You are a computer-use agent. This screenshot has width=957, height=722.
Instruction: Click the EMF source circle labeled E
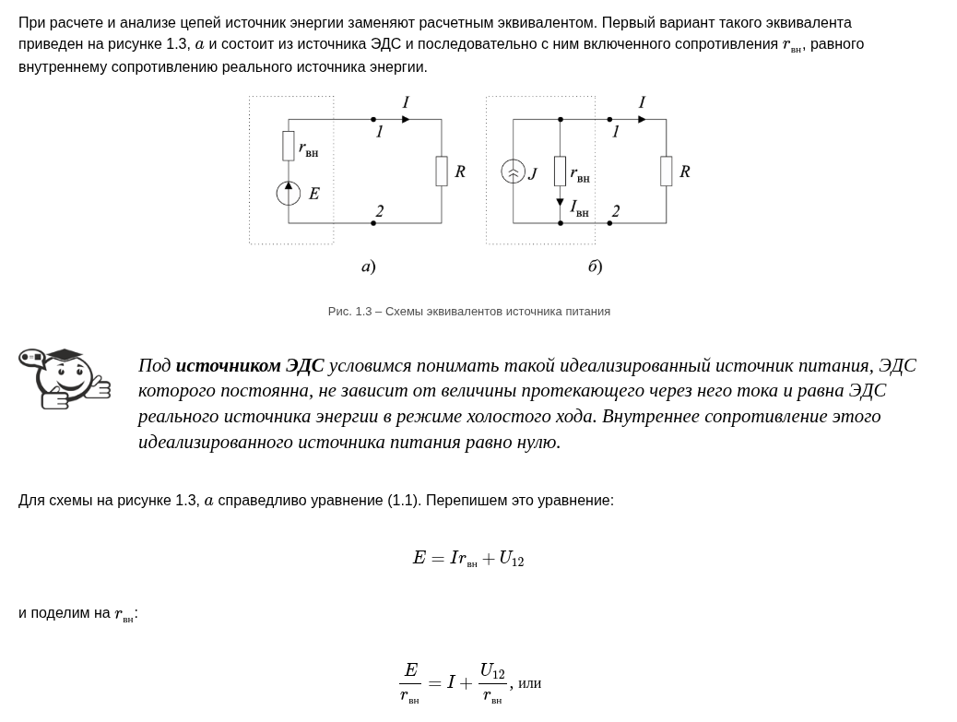pyautogui.click(x=289, y=194)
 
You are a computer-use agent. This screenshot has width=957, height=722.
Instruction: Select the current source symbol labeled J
pyautogui.click(x=514, y=172)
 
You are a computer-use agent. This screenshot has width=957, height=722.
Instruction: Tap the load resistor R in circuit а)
pyautogui.click(x=442, y=172)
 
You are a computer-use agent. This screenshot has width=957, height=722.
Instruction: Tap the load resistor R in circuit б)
pyautogui.click(x=667, y=172)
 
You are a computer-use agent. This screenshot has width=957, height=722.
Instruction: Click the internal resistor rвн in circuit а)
pyautogui.click(x=289, y=146)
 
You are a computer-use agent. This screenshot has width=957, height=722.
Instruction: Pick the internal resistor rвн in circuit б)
pyautogui.click(x=560, y=172)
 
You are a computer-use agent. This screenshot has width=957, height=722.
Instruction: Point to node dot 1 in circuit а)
pyautogui.click(x=373, y=120)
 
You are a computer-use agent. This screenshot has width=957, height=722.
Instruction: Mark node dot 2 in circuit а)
pyautogui.click(x=373, y=223)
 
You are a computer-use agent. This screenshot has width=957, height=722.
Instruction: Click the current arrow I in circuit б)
pyautogui.click(x=642, y=120)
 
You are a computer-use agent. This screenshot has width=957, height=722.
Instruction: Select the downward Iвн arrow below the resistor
pyautogui.click(x=560, y=202)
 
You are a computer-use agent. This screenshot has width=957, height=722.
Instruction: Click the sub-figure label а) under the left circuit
pyautogui.click(x=369, y=266)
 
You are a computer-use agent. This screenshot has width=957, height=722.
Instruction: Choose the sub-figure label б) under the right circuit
pyautogui.click(x=596, y=266)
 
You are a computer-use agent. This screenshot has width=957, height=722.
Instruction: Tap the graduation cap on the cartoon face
pyautogui.click(x=65, y=355)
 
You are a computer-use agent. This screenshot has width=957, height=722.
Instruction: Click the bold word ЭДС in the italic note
pyautogui.click(x=304, y=365)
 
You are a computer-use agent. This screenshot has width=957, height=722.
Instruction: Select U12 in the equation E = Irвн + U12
pyautogui.click(x=511, y=559)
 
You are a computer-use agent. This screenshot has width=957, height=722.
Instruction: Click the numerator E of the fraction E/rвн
pyautogui.click(x=410, y=670)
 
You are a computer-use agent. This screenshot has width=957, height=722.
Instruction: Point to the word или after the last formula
pyautogui.click(x=529, y=683)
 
